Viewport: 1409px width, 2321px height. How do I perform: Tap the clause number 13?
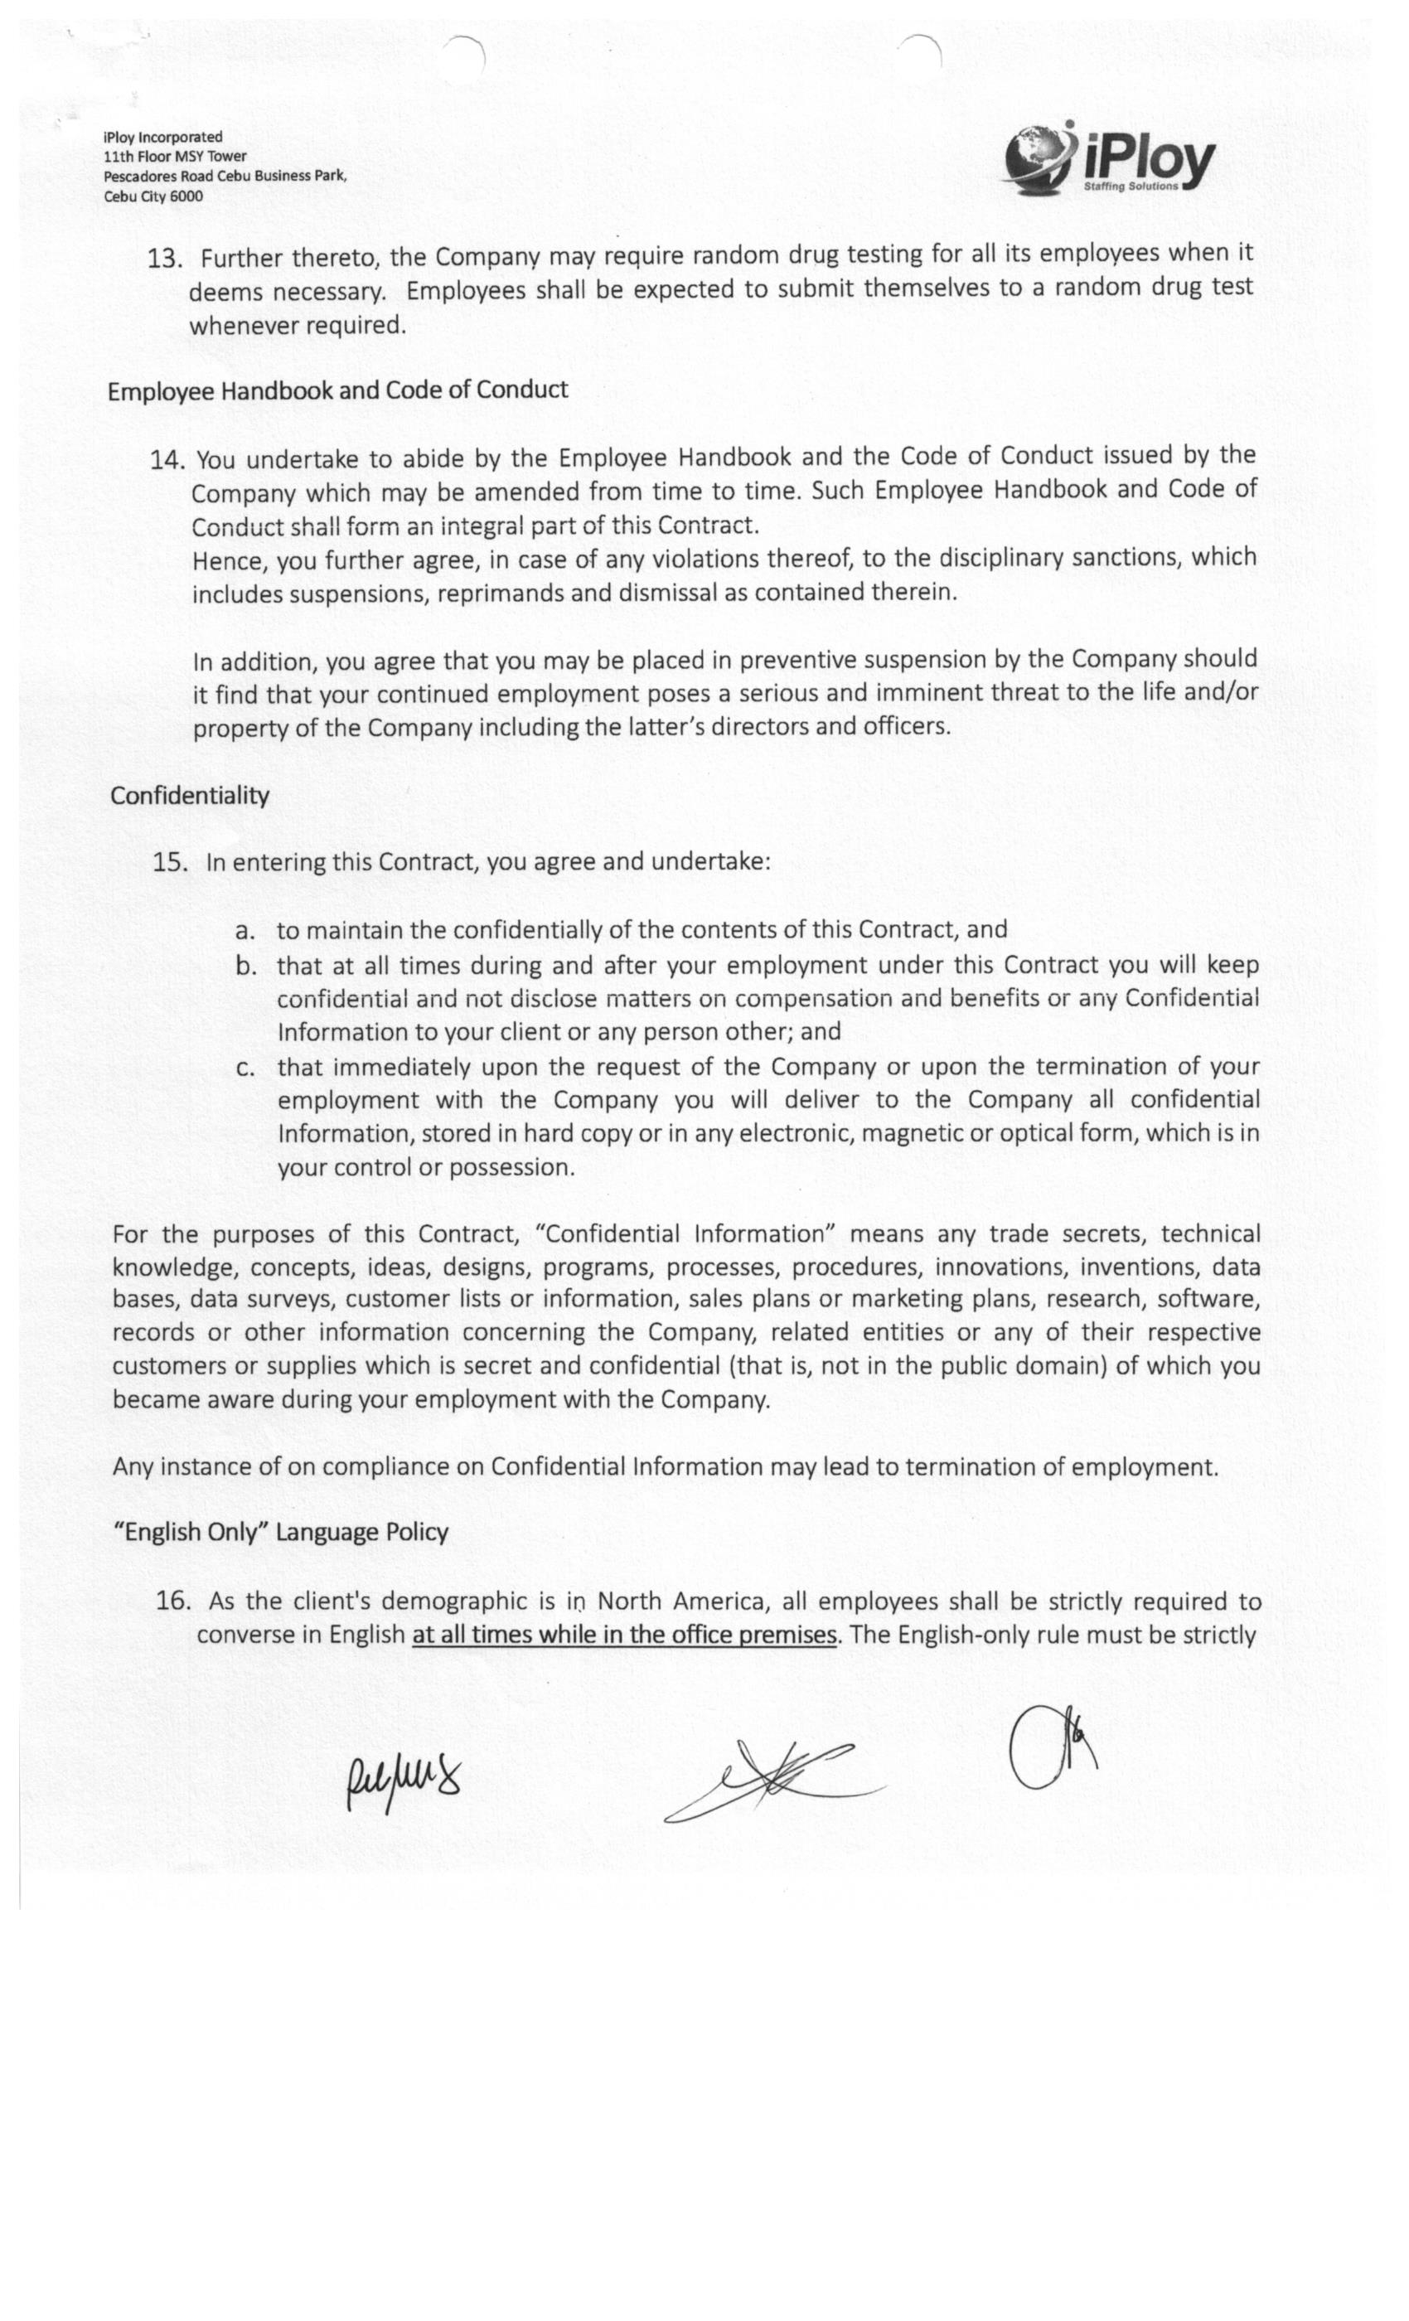point(164,259)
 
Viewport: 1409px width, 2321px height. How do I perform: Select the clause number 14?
point(167,460)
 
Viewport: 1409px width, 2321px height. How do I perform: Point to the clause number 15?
point(170,863)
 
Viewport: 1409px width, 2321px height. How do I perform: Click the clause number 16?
point(173,1601)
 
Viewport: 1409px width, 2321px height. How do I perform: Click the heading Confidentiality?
point(191,796)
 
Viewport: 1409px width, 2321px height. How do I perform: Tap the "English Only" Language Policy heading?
point(281,1533)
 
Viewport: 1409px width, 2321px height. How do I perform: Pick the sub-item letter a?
point(245,932)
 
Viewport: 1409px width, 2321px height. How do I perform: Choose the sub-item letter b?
point(246,967)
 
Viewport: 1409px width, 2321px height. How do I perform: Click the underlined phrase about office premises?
point(623,1635)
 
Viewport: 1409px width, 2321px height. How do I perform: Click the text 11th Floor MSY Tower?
point(175,157)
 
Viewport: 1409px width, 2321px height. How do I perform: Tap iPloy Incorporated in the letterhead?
point(163,138)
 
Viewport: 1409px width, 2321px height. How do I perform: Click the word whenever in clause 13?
point(242,326)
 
